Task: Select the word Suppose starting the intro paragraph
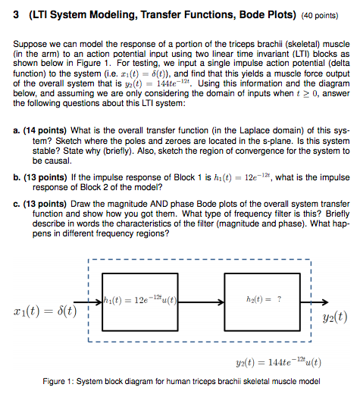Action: (x=30, y=44)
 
